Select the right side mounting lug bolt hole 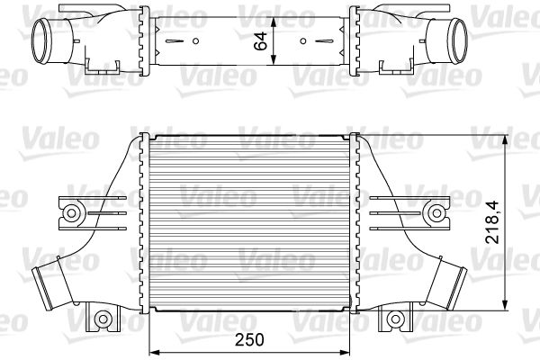tap(437, 212)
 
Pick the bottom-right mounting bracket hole tap(395, 318)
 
